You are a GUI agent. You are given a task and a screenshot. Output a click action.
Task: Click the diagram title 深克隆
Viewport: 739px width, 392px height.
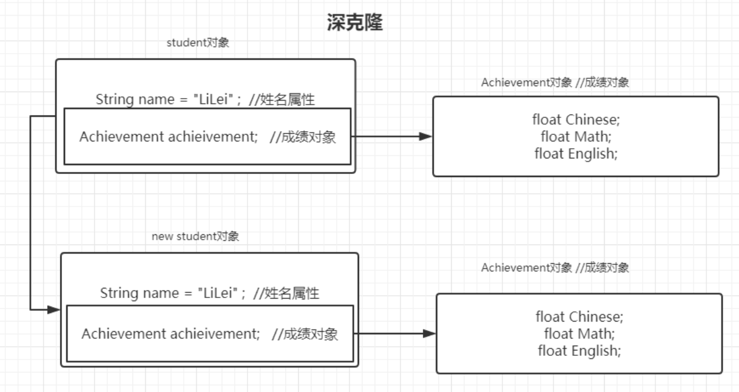pos(354,23)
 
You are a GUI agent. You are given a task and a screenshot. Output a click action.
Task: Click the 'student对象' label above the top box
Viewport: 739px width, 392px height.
pos(198,43)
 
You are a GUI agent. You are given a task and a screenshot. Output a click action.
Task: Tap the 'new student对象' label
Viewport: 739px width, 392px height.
pos(195,237)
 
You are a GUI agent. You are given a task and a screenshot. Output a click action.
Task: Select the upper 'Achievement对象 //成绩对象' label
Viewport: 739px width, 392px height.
pos(555,83)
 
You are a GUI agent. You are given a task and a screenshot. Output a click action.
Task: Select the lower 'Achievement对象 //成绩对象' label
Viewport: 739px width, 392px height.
pos(555,268)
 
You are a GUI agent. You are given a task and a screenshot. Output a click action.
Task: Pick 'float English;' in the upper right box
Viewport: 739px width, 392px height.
pos(576,154)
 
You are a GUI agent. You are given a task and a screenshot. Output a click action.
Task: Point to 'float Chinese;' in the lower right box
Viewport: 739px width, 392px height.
pos(579,317)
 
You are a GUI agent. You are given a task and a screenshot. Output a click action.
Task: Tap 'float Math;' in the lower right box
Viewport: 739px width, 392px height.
pos(579,333)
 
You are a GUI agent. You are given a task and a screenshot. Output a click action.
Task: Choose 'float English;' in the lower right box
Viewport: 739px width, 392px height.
pos(579,350)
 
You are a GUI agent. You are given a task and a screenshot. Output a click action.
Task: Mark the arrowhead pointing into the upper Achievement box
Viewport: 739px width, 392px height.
pos(426,137)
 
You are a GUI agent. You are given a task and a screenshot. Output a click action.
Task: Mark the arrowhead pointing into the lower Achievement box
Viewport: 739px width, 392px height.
pos(429,334)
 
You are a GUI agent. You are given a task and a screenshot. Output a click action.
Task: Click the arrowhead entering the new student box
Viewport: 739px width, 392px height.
pos(54,310)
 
